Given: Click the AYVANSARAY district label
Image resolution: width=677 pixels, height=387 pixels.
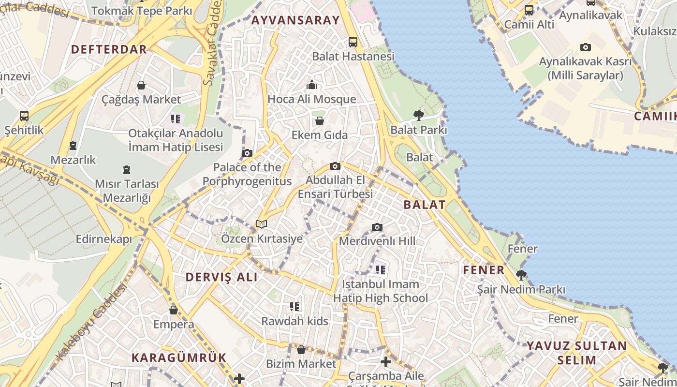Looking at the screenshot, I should click(x=295, y=20).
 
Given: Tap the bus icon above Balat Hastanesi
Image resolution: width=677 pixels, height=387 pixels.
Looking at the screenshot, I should click(x=353, y=42).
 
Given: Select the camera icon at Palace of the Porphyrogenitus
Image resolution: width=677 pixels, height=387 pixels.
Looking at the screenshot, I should click(x=247, y=153).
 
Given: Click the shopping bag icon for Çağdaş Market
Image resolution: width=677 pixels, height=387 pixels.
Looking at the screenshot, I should click(x=141, y=85).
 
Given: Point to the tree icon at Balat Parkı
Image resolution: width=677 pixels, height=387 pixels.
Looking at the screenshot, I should click(x=418, y=115).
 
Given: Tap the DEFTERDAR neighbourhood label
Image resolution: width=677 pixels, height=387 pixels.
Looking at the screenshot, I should click(x=109, y=49).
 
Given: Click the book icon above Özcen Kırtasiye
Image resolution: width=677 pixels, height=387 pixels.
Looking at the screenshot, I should click(x=262, y=224).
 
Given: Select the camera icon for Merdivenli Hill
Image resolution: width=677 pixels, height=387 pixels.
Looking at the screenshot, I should click(x=377, y=227).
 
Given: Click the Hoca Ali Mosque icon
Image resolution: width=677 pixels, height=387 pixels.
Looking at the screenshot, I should click(x=312, y=85).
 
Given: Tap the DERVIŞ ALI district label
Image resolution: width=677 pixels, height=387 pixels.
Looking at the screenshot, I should click(x=222, y=277).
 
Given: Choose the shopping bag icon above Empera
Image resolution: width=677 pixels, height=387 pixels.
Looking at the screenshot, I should click(x=174, y=310).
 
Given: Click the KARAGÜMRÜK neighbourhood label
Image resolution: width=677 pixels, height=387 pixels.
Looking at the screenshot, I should click(x=179, y=357).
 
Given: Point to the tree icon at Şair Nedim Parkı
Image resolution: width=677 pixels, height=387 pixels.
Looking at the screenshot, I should click(x=521, y=275).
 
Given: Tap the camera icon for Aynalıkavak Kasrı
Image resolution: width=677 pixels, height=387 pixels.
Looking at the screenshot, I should click(x=586, y=47).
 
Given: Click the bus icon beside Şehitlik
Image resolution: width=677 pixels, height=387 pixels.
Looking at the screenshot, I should click(x=24, y=116).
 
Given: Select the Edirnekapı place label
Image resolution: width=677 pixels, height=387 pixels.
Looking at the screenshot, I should click(x=104, y=239).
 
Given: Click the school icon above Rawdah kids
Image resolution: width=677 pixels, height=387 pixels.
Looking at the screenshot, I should click(x=294, y=306).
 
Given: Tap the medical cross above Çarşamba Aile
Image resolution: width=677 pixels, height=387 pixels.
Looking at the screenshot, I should click(x=386, y=361).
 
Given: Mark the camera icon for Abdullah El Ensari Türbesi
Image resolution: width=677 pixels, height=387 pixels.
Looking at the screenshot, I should click(x=335, y=166).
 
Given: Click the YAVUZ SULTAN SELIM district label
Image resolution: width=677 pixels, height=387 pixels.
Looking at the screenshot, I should click(x=576, y=353).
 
